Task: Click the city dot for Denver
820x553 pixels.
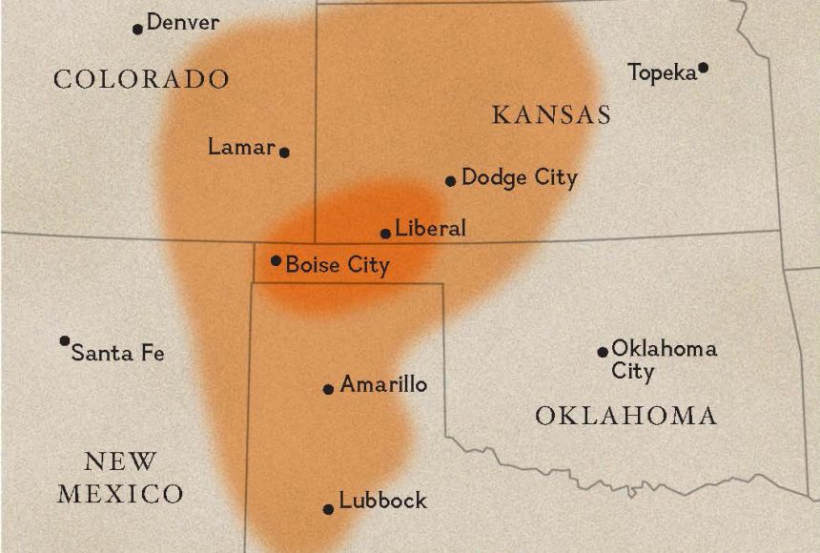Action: pyautogui.click(x=137, y=29)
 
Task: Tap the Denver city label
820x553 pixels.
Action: pyautogui.click(x=182, y=22)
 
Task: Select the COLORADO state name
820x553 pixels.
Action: pyautogui.click(x=141, y=78)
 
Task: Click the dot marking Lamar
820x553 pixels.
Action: pyautogui.click(x=284, y=152)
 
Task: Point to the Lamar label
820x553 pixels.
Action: pyautogui.click(x=241, y=147)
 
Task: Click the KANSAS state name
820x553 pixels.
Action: pyautogui.click(x=551, y=115)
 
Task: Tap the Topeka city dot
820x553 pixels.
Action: pyautogui.click(x=703, y=68)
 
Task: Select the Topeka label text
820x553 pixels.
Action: pyautogui.click(x=663, y=72)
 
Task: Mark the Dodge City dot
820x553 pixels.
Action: pyautogui.click(x=450, y=181)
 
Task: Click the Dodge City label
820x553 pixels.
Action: pyautogui.click(x=520, y=177)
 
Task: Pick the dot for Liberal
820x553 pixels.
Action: pyautogui.click(x=385, y=233)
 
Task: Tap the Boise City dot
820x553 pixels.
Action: pyautogui.click(x=276, y=260)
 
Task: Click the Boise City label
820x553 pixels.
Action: pyautogui.click(x=338, y=264)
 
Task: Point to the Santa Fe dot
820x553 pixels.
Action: pyautogui.click(x=65, y=340)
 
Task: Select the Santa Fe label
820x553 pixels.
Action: pyautogui.click(x=118, y=353)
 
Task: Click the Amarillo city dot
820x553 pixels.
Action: pyautogui.click(x=328, y=389)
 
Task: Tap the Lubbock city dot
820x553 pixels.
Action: pyautogui.click(x=328, y=509)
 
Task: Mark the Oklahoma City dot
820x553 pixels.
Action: pyautogui.click(x=603, y=352)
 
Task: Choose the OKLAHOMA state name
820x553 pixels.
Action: pyautogui.click(x=625, y=416)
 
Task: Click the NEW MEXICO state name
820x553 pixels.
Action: pyautogui.click(x=121, y=478)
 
